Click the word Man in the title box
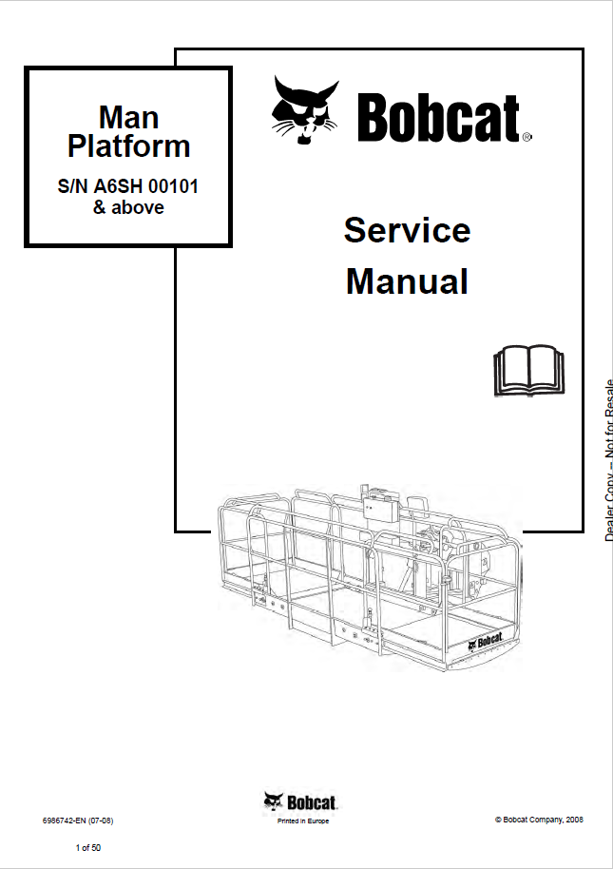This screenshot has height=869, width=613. [128, 118]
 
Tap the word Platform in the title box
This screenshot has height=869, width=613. [128, 145]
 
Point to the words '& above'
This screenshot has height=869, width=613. [128, 207]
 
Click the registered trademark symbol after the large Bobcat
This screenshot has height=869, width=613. [527, 137]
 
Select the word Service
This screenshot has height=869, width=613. [407, 230]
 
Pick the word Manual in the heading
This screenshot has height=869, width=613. [407, 281]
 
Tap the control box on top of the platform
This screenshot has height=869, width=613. [383, 504]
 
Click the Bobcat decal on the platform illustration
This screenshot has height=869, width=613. [488, 642]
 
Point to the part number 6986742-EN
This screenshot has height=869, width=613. [64, 820]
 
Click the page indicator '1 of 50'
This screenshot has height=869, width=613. [87, 845]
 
